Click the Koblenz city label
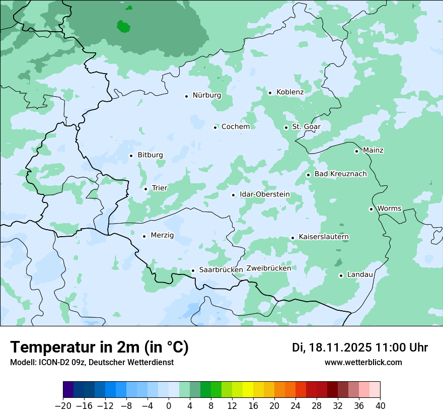[x=290, y=92]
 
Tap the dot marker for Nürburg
[x=186, y=96]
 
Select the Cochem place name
[x=236, y=126]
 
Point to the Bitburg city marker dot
[x=131, y=156]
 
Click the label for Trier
[x=160, y=188]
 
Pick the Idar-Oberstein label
[x=265, y=194]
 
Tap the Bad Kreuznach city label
[x=340, y=174]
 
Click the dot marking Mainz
[x=356, y=151]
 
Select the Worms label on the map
[x=389, y=208]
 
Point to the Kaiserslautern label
[x=324, y=237]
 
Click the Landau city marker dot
[x=341, y=275]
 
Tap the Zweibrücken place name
[x=269, y=268]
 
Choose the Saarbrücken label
[x=221, y=269]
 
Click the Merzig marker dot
[x=144, y=236]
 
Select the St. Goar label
[x=306, y=126]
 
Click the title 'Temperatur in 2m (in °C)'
[x=99, y=347]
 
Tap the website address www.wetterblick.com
[x=363, y=362]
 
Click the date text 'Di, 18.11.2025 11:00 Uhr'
[x=360, y=347]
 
